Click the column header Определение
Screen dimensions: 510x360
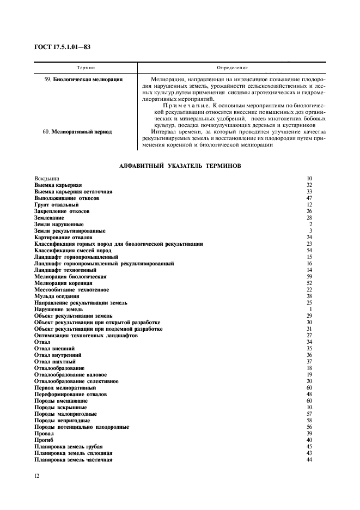232,68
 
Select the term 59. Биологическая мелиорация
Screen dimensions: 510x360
83,79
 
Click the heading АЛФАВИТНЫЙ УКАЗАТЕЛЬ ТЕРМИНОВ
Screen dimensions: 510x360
179,165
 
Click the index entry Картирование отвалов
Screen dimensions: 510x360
63,238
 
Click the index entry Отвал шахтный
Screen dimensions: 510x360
55,361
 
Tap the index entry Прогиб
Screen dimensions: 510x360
44,440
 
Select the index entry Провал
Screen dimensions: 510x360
44,433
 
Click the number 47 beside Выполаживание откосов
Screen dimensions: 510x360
309,198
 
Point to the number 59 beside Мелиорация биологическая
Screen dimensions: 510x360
309,276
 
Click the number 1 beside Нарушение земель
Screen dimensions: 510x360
310,309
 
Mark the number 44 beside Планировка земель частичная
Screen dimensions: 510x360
309,459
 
